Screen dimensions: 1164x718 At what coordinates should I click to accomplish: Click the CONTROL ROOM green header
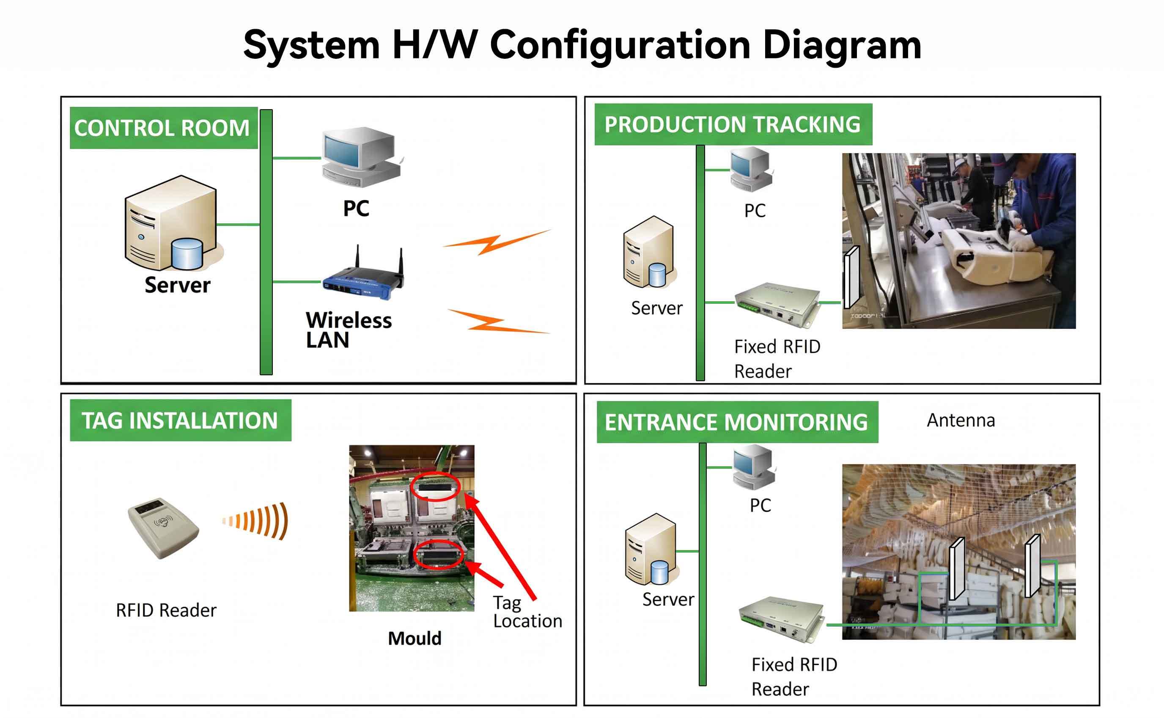click(x=164, y=128)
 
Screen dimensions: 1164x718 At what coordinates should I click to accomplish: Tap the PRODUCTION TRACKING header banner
click(x=733, y=124)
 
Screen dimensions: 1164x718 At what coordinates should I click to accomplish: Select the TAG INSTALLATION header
click(x=180, y=420)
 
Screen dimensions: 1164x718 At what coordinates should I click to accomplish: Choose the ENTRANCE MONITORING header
click(x=737, y=422)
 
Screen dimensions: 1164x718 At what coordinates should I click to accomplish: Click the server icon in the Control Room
click(x=173, y=223)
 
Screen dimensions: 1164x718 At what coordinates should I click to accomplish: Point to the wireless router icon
click(x=364, y=274)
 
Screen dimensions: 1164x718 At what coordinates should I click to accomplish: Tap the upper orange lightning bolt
click(x=497, y=242)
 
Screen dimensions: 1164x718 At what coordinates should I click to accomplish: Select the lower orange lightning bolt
click(x=498, y=322)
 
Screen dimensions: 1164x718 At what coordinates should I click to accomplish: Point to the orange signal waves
click(x=255, y=521)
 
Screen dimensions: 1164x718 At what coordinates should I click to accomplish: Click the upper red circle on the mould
click(x=435, y=486)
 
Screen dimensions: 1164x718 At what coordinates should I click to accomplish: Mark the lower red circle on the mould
click(x=438, y=555)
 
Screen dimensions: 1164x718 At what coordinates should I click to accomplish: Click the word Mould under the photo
click(x=415, y=638)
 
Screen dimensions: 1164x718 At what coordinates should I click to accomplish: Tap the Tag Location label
click(x=527, y=612)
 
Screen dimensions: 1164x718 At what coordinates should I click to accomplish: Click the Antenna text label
click(x=961, y=420)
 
